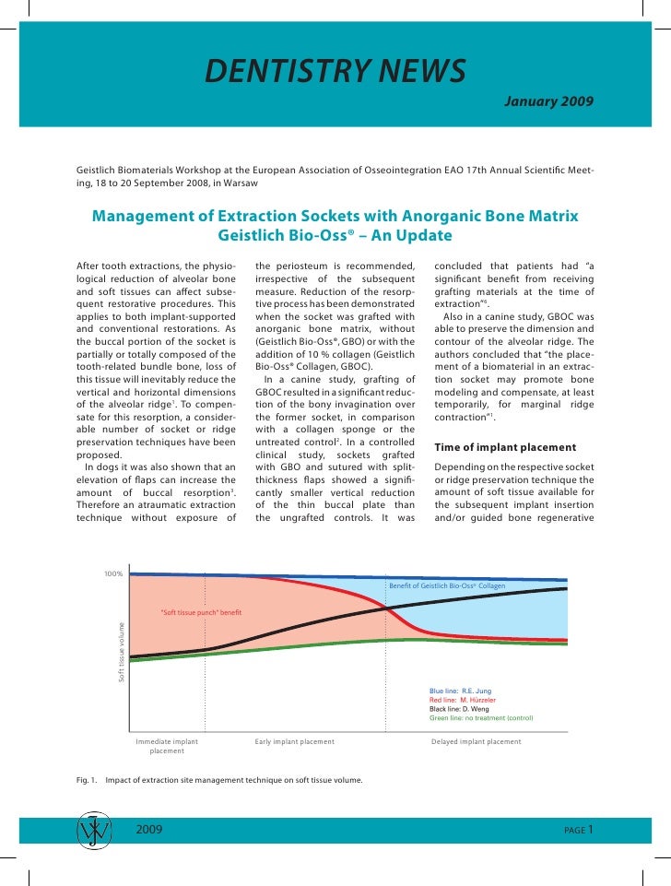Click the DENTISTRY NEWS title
coord(335,69)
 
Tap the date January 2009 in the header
coord(548,99)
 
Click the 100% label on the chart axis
coord(113,574)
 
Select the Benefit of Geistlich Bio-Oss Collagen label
coord(448,586)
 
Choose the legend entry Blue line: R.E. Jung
coord(463,691)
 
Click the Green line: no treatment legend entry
coord(481,718)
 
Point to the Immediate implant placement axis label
coord(167,746)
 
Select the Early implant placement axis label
coord(294,741)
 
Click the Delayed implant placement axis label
coord(476,741)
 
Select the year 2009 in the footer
coord(149,830)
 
